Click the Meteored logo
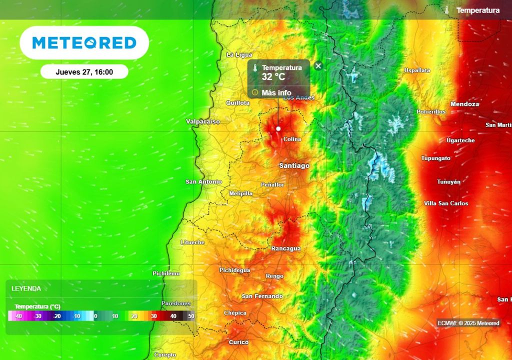[x=84, y=43]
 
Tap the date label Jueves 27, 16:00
[x=84, y=72]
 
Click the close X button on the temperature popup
[x=318, y=65]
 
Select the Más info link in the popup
[x=276, y=92]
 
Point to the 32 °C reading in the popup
[x=273, y=77]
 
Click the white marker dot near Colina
[x=278, y=128]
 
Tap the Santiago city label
[x=294, y=165]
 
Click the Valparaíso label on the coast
[x=202, y=121]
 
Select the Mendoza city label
[x=464, y=104]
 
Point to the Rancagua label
[x=286, y=248]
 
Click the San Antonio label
[x=203, y=181]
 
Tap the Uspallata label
[x=417, y=70]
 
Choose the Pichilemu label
[x=166, y=273]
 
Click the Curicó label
[x=238, y=342]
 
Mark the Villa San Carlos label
[x=446, y=203]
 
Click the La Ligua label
[x=239, y=55]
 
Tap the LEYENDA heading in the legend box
[x=26, y=288]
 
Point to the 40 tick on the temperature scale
[x=173, y=316]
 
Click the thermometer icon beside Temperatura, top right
[x=447, y=10]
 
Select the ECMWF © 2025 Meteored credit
[x=468, y=323]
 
